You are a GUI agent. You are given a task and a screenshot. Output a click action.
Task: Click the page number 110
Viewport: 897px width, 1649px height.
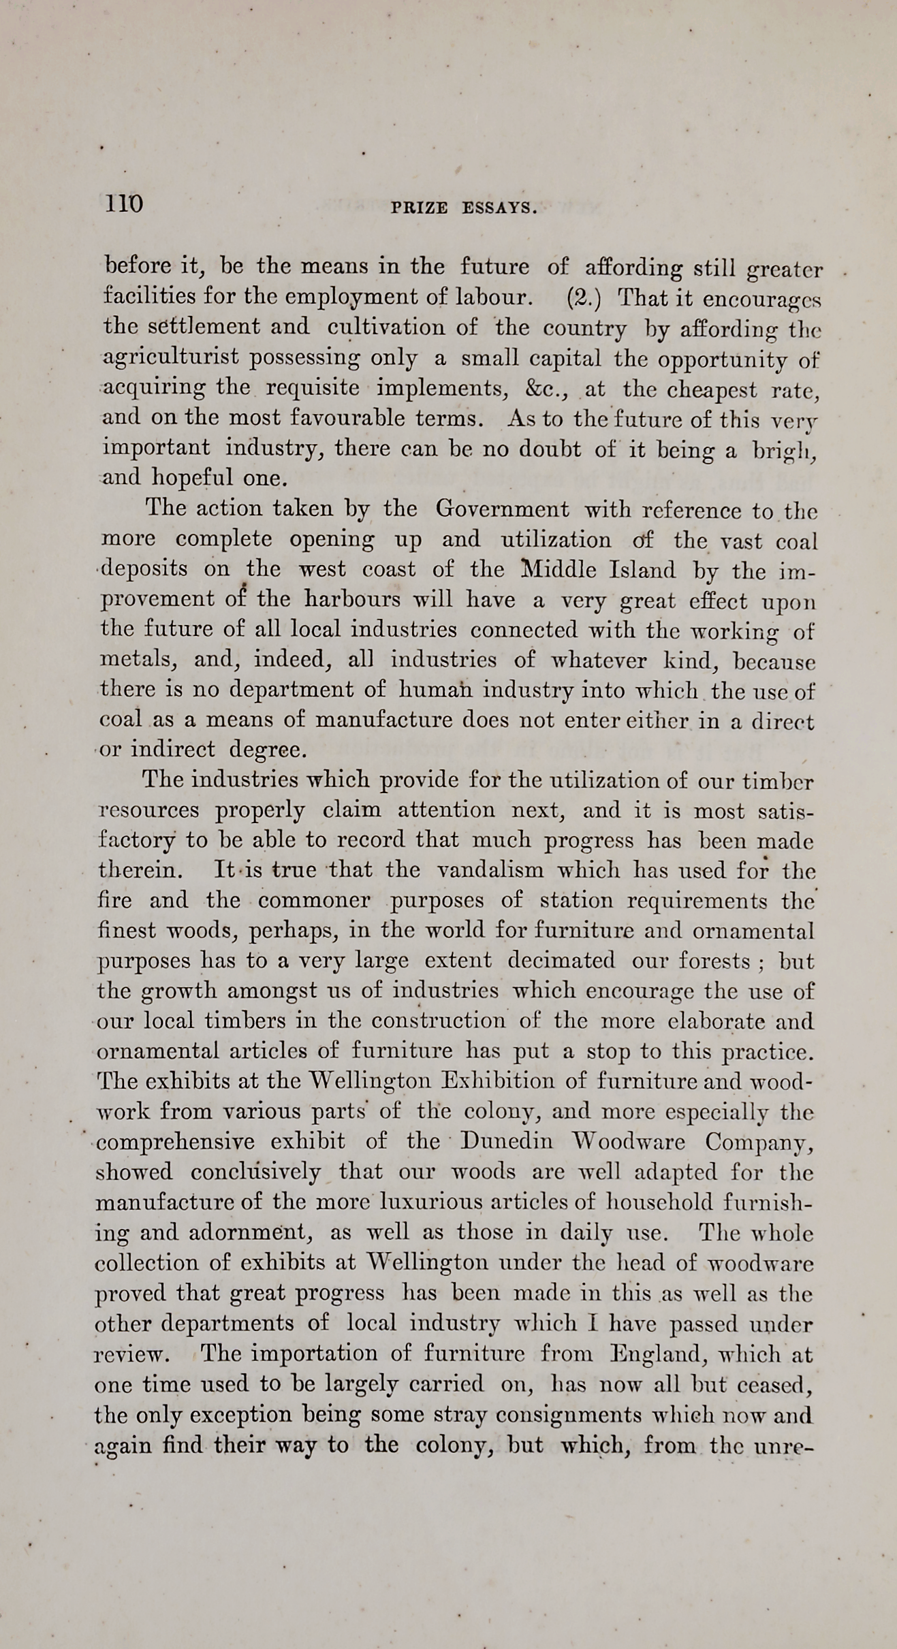pyautogui.click(x=123, y=204)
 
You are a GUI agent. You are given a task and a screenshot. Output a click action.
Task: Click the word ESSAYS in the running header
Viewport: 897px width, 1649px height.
pyautogui.click(x=499, y=208)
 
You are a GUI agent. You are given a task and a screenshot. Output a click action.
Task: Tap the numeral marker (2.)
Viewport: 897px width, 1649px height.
pyautogui.click(x=584, y=298)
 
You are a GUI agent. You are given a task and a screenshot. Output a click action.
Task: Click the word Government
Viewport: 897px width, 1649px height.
pyautogui.click(x=502, y=509)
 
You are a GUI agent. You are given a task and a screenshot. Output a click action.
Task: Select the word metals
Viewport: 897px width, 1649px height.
pyautogui.click(x=139, y=660)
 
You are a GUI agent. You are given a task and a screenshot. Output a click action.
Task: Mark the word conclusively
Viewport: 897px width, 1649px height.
pyautogui.click(x=255, y=1172)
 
